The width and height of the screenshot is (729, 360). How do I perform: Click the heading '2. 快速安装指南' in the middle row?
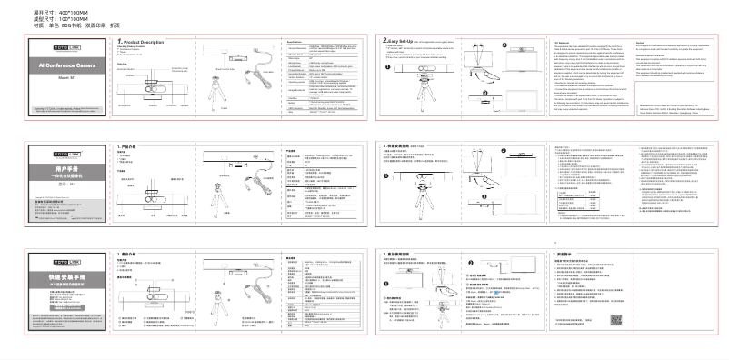coord(403,145)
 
